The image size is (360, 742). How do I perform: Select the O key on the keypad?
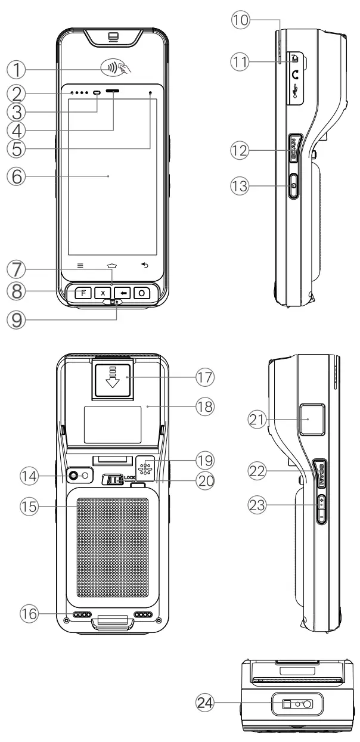(142, 293)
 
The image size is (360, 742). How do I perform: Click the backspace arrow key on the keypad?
(122, 293)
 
